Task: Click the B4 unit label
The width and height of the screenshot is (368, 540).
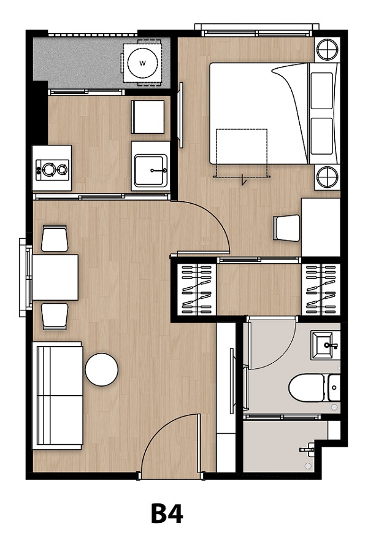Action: coord(167,513)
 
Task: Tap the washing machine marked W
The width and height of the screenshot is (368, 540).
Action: coord(142,63)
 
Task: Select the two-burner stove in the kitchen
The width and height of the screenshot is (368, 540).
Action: coord(52,168)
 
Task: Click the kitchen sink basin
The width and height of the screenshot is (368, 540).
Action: coord(150,170)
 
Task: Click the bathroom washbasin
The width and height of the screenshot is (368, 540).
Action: coord(325,345)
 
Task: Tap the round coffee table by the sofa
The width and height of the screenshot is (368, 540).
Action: coord(102,369)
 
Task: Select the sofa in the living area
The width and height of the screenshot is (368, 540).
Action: coord(58,395)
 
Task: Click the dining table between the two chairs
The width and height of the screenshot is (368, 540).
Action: coord(55,277)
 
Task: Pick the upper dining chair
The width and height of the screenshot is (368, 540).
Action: coord(54,238)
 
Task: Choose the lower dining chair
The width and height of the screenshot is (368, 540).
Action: coord(55,316)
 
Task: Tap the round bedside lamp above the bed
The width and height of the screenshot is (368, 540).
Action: coord(327,50)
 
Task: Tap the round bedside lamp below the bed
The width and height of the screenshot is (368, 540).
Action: coord(327,177)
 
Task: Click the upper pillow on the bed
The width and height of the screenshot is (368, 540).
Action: coord(321,91)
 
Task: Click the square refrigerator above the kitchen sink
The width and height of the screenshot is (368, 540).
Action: coord(148,117)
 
